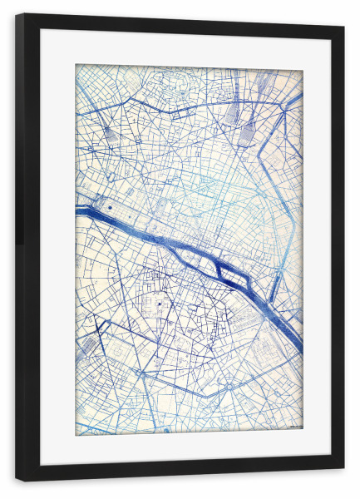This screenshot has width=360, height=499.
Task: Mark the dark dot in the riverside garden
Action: pyautogui.click(x=109, y=204)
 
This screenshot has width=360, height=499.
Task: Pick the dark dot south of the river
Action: pyautogui.click(x=159, y=305)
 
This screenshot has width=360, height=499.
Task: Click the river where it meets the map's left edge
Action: pyautogui.click(x=78, y=210)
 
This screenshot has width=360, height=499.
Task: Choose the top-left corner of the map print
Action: pyautogui.click(x=76, y=66)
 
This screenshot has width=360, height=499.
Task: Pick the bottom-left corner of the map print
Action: pyautogui.click(x=76, y=434)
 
